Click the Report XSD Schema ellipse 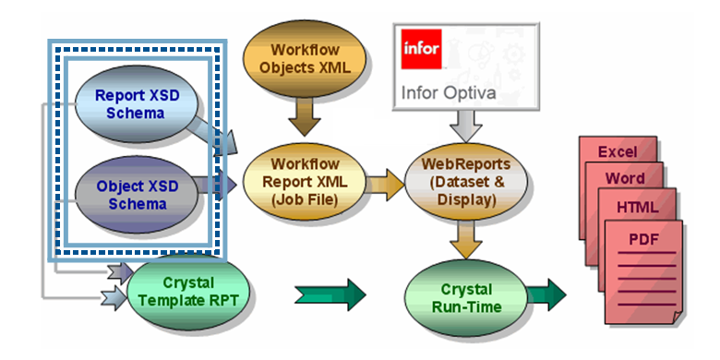(136, 104)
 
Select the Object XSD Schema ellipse (136, 194)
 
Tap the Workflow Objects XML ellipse (305, 58)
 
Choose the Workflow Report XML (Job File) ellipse (305, 181)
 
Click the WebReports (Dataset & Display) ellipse (466, 181)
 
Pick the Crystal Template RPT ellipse (188, 293)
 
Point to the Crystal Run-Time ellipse (466, 298)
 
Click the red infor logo (421, 49)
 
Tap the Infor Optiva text (449, 92)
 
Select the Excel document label (618, 152)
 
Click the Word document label (625, 178)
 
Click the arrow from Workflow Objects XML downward (305, 116)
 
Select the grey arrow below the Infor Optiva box (465, 126)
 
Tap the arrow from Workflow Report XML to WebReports (385, 185)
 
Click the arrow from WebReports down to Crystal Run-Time (465, 239)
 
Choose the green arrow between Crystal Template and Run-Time (330, 294)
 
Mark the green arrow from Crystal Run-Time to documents (546, 294)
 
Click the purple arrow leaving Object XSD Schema (217, 185)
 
